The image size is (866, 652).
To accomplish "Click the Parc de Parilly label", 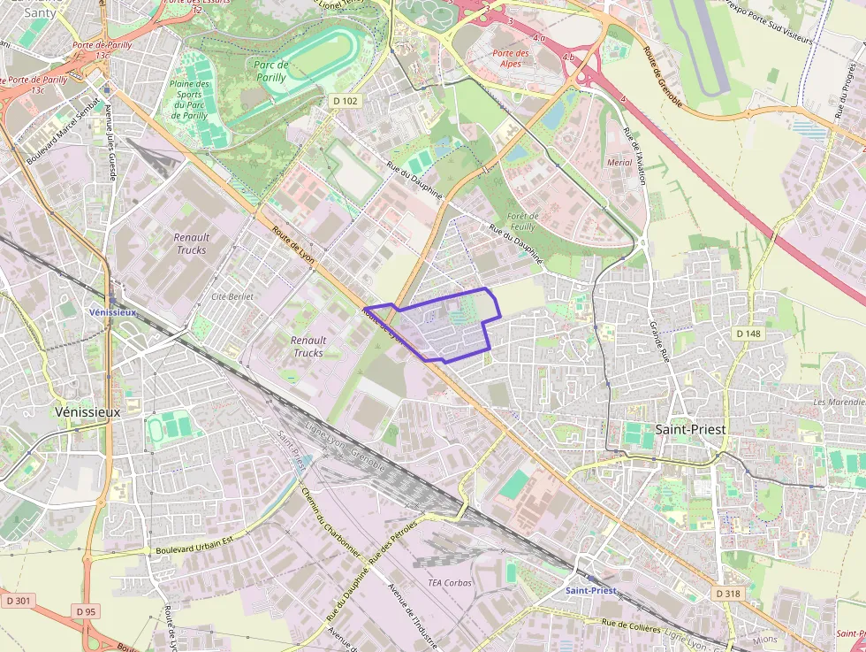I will click(270, 71).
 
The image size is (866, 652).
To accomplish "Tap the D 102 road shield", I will click(346, 101).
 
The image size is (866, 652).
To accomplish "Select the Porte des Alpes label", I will click(512, 58).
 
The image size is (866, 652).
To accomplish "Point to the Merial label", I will click(620, 163).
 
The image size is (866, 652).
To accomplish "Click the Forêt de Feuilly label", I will click(522, 221).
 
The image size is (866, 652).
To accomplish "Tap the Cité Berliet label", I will click(232, 296).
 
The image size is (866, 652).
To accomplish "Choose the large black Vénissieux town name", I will click(87, 412).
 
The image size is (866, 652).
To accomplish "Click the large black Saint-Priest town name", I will click(691, 429).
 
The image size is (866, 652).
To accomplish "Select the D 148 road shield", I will click(748, 334).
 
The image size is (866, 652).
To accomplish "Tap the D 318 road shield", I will click(727, 593).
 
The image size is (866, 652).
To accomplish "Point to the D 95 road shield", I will click(86, 611).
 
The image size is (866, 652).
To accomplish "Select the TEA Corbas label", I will click(450, 583).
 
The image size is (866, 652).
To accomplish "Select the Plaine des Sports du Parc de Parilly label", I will click(189, 99).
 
